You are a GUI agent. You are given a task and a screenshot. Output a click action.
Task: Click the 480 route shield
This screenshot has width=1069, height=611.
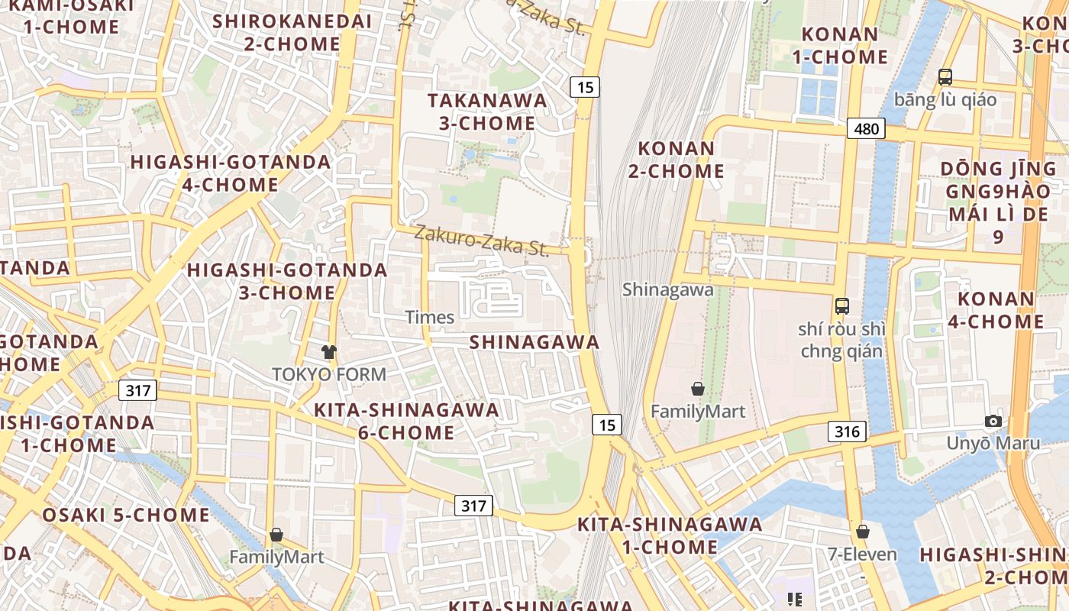pos(866,128)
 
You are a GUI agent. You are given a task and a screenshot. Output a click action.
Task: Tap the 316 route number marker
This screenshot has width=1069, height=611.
pos(847,432)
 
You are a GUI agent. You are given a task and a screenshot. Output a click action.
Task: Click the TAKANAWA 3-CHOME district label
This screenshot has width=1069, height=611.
pos(487,112)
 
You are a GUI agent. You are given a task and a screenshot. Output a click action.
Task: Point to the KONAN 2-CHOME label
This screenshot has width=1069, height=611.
pos(677,160)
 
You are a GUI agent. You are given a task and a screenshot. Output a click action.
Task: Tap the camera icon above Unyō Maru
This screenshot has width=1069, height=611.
pos(993,421)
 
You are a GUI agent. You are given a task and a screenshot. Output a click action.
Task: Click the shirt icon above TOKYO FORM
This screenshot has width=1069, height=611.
pos(329,352)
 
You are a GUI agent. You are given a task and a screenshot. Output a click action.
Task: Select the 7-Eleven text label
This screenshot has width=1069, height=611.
pos(863,554)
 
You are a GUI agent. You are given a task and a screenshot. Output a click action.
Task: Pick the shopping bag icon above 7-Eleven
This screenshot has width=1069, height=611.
pos(863,532)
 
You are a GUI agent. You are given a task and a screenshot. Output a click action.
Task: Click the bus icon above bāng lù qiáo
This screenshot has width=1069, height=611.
pos(945,77)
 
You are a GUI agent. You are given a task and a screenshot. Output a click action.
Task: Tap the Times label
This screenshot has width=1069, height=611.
pos(430,317)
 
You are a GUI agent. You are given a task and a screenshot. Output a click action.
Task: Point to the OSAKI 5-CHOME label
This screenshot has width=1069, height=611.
pos(126,515)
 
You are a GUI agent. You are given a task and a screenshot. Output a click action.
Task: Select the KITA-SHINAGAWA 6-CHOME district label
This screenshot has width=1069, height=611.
pos(406,421)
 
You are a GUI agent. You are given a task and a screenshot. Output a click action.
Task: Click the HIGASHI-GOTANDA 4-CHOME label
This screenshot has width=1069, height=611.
pos(231,173)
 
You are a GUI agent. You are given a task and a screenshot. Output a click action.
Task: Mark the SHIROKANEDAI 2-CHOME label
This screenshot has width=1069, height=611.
pos(292,32)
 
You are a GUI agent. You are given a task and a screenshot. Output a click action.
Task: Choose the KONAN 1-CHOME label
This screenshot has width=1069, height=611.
pos(840,45)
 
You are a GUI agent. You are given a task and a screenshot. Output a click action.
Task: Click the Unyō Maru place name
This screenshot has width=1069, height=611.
pos(993,443)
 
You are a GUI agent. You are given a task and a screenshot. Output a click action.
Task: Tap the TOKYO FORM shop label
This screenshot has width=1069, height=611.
pos(329,374)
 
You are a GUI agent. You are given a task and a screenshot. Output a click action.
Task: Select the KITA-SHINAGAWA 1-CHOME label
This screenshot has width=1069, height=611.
pos(670,535)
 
